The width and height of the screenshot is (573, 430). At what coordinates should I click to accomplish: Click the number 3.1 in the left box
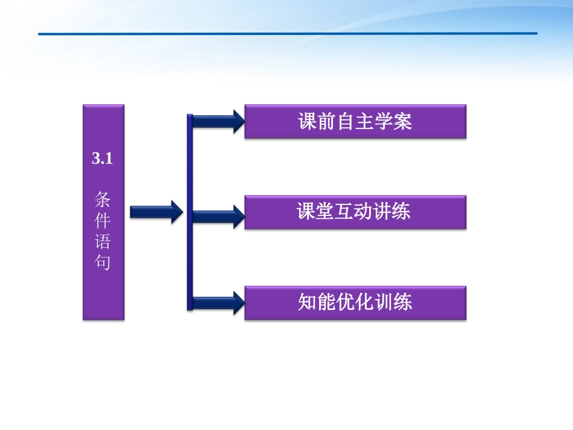pos(103,159)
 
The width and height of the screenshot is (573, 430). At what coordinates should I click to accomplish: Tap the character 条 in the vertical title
pos(103,198)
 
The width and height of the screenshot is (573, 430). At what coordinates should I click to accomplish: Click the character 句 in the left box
pos(103,264)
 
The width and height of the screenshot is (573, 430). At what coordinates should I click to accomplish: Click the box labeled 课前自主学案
pos(355,122)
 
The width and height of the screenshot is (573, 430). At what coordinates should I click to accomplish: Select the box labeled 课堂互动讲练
pos(355,212)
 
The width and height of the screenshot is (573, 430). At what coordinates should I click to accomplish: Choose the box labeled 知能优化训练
pos(355,302)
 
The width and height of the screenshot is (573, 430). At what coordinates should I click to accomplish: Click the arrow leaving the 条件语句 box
pos(156,212)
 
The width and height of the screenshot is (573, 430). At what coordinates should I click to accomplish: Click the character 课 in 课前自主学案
pos(307,122)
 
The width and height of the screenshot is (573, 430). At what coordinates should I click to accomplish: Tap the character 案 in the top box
pos(403,122)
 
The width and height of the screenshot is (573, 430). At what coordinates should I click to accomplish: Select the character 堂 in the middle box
pos(326,212)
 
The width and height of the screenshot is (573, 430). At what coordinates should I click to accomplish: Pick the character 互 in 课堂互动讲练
pos(345,212)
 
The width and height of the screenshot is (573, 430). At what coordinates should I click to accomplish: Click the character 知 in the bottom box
pos(307,302)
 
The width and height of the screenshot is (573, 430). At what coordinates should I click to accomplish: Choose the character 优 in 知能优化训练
pos(345,302)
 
